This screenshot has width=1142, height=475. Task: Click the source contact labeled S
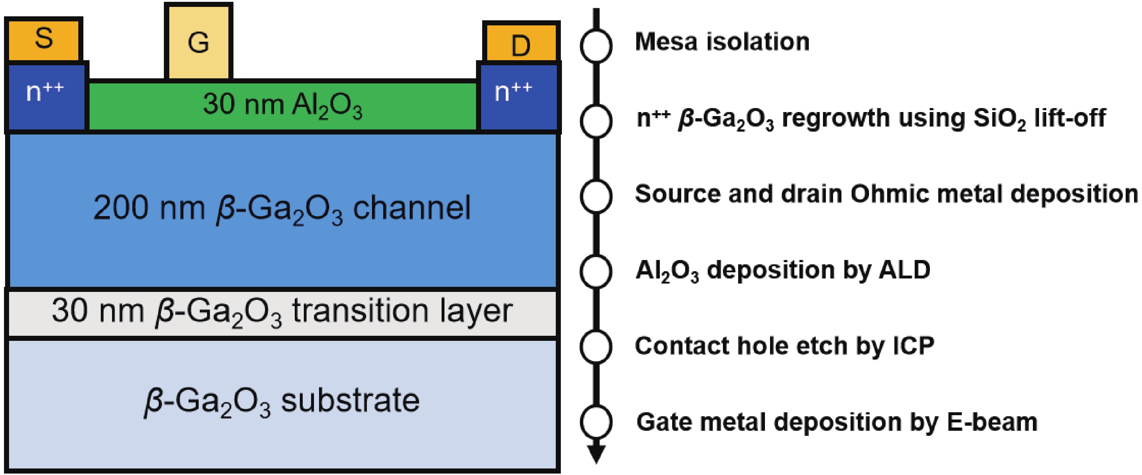[44, 39]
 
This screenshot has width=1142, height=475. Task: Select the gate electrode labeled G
[199, 42]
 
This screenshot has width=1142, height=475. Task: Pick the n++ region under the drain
[518, 98]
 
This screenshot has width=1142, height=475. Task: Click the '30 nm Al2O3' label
[282, 106]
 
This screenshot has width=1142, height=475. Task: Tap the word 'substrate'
[350, 401]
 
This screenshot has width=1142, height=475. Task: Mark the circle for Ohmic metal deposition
[596, 195]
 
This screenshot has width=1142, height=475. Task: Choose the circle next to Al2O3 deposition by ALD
[596, 271]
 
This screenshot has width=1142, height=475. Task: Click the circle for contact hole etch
[596, 346]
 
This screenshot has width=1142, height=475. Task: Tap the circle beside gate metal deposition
[596, 421]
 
